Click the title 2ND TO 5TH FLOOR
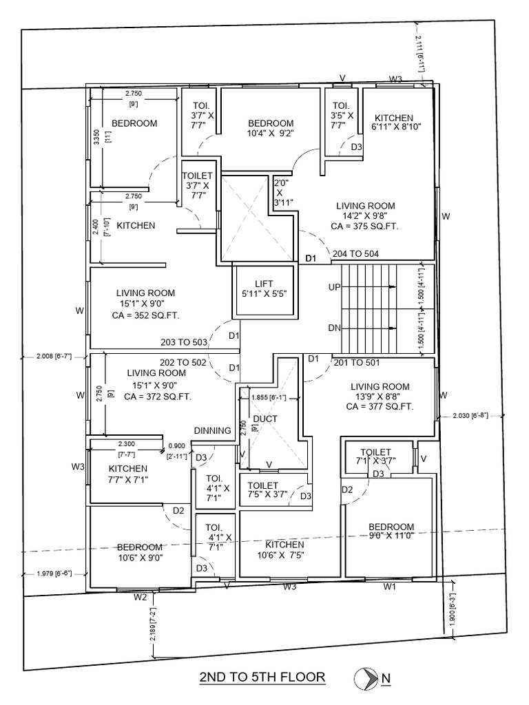(262, 677)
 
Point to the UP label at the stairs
(335, 287)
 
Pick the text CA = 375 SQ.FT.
(365, 226)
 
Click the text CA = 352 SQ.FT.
(145, 317)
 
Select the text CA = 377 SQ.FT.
(380, 407)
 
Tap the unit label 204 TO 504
(355, 253)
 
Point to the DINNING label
(212, 431)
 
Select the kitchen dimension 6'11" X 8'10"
(396, 127)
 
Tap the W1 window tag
(390, 587)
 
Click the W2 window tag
(141, 596)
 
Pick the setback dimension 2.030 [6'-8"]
(470, 415)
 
